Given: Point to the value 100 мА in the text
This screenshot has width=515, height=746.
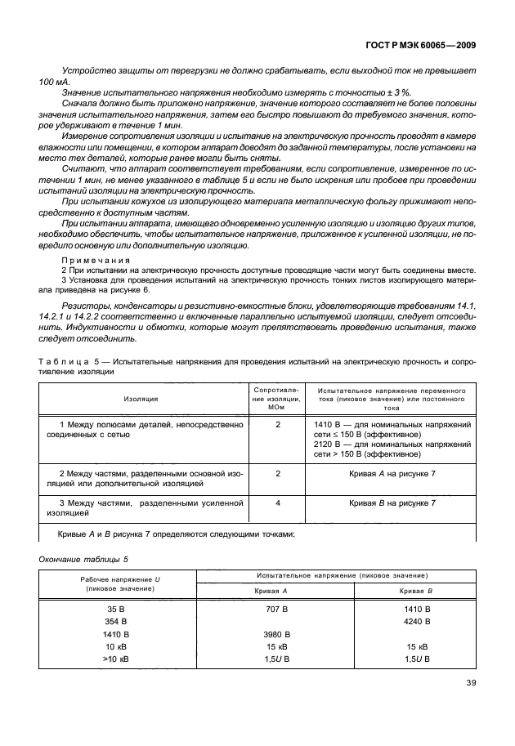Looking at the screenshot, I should [53, 83].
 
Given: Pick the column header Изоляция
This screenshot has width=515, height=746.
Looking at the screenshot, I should [141, 398].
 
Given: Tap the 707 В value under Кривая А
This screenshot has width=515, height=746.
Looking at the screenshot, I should [278, 610].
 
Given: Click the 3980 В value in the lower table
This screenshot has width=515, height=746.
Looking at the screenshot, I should [278, 634].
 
